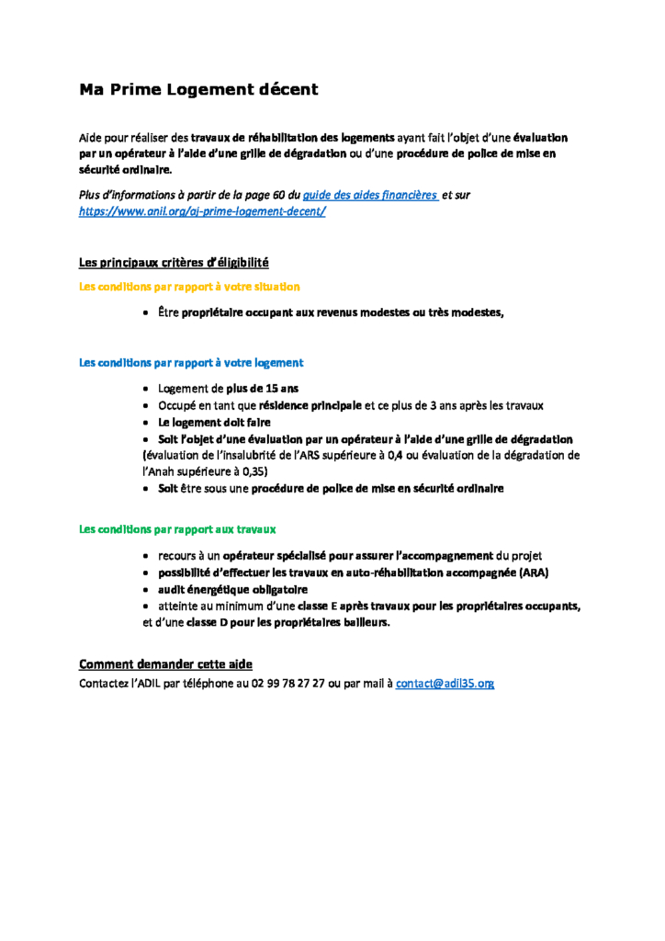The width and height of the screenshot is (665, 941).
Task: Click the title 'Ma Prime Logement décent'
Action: [198, 89]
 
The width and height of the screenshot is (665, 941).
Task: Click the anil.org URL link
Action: [202, 211]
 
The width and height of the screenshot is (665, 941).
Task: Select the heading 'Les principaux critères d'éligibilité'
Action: [174, 263]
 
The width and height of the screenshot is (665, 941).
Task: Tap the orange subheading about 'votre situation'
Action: [189, 287]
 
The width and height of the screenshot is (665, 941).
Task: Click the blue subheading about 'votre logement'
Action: [191, 363]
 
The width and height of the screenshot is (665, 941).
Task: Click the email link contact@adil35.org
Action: [445, 684]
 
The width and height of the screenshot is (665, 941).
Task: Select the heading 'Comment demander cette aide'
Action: [165, 664]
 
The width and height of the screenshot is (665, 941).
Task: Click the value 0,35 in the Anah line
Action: [254, 470]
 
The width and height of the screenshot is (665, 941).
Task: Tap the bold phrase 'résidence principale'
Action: [310, 405]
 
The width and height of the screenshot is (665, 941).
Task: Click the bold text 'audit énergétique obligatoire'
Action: [232, 590]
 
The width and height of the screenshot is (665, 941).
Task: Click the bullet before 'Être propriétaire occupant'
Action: [147, 313]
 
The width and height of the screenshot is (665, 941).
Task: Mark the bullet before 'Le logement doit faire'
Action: [147, 423]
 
